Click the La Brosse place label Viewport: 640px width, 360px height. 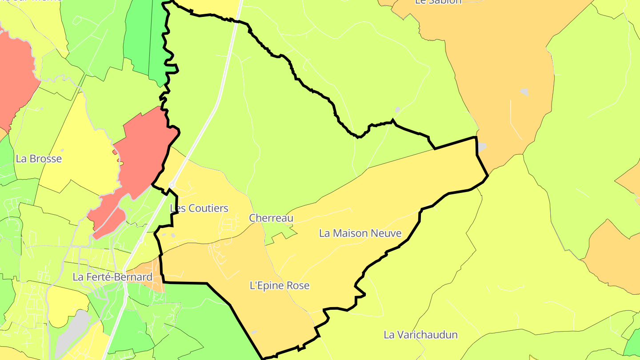(x=39, y=159)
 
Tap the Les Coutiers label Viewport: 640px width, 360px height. (x=199, y=208)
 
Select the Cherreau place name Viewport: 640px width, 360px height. (x=271, y=218)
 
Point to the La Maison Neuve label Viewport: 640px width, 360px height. (x=360, y=233)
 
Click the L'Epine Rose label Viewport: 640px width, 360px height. (x=280, y=285)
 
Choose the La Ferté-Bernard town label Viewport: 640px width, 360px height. (x=112, y=277)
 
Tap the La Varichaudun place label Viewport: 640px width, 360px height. (x=420, y=335)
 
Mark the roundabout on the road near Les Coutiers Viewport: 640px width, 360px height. (x=171, y=185)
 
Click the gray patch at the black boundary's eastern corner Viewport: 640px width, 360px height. (x=481, y=147)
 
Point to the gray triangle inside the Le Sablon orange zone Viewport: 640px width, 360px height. (x=524, y=92)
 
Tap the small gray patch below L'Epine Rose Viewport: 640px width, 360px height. (x=254, y=332)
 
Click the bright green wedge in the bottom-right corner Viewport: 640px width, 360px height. (x=633, y=344)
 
